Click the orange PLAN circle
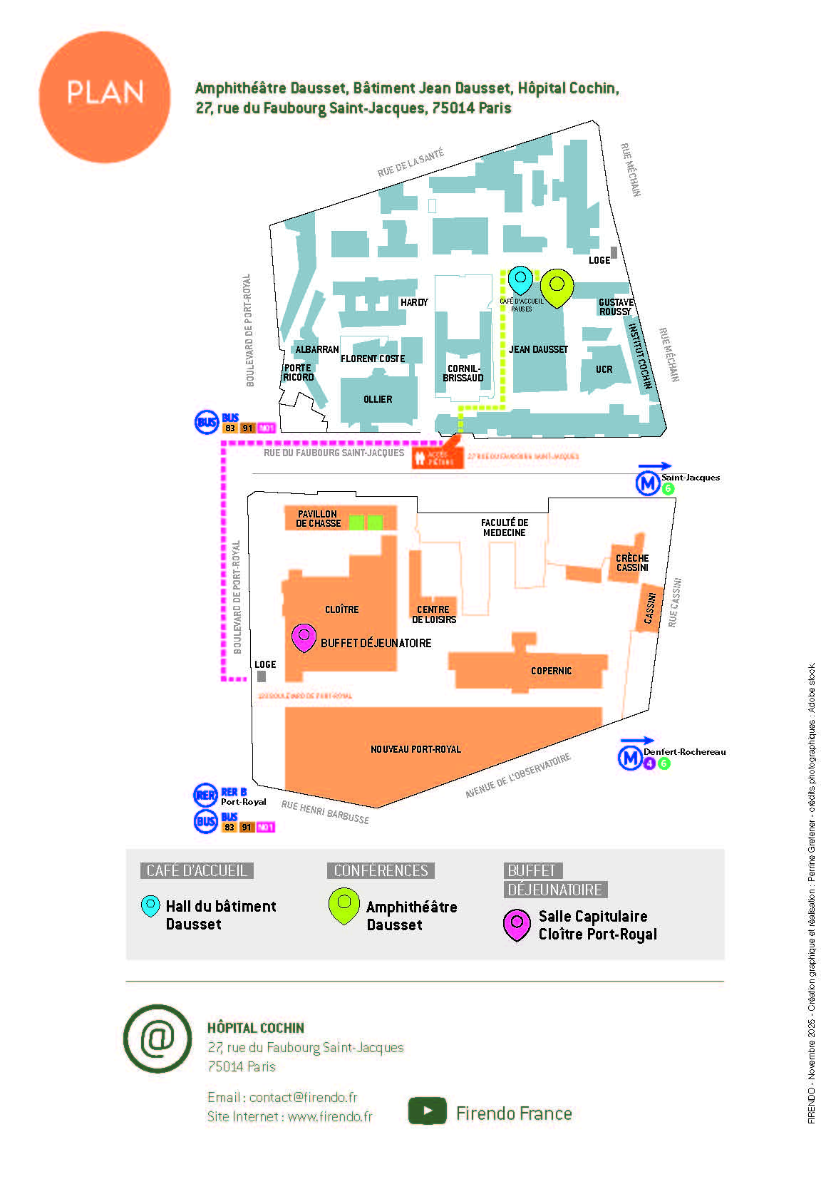[105, 97]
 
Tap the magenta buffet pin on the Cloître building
[304, 637]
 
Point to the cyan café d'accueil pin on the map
[520, 279]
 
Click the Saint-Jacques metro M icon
[647, 484]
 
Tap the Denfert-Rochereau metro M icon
[629, 757]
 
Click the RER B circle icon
[206, 796]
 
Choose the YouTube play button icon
[427, 1111]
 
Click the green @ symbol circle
[158, 1039]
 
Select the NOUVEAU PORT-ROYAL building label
[415, 749]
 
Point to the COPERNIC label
[551, 671]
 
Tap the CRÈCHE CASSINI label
[632, 562]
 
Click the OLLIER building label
[378, 399]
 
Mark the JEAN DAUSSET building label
[538, 349]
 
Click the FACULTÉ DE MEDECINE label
[504, 527]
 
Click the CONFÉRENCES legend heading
[381, 870]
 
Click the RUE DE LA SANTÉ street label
[411, 163]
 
